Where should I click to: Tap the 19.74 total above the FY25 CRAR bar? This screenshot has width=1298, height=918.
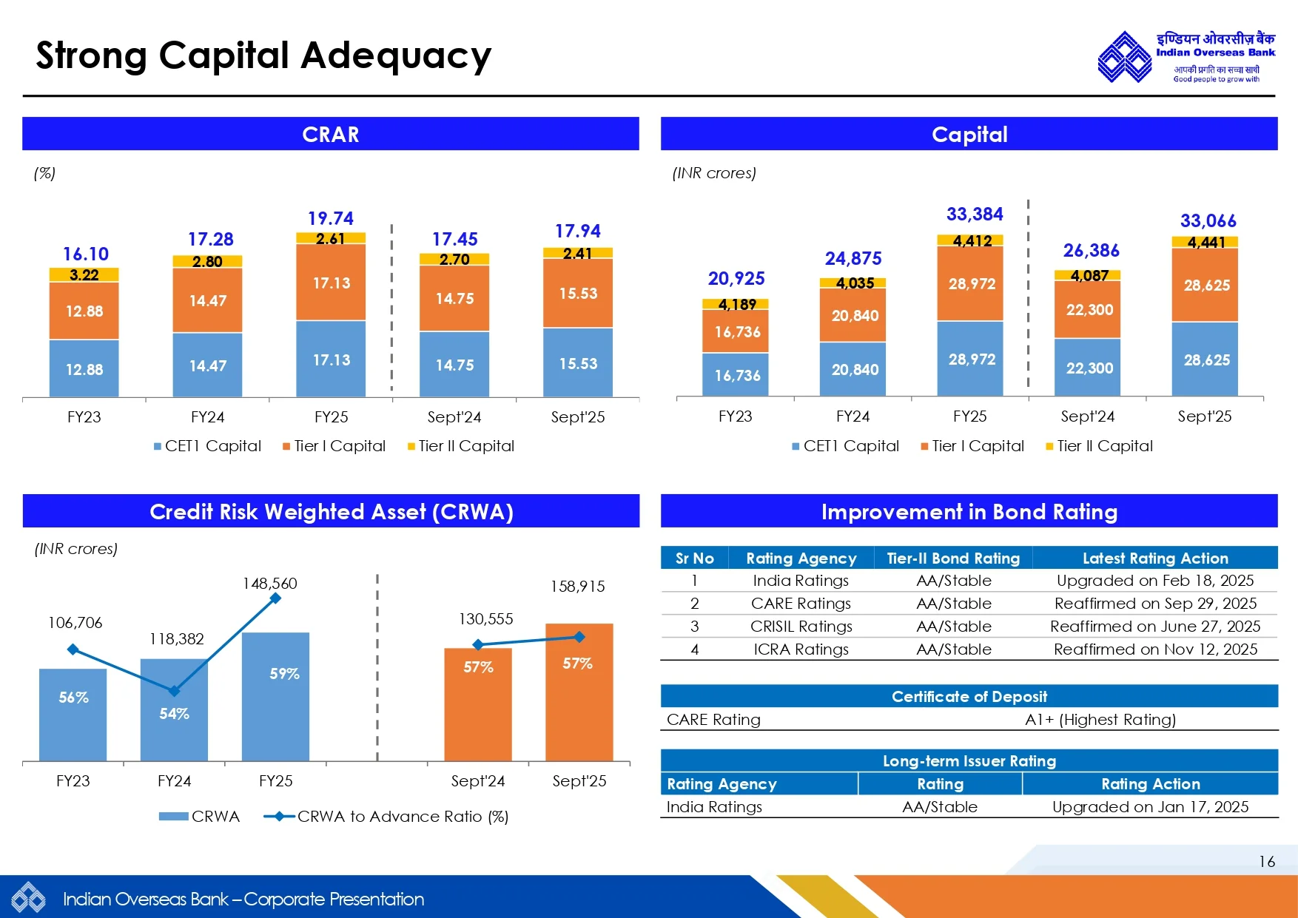click(x=331, y=218)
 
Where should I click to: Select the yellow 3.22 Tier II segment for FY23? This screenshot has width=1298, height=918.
click(x=84, y=275)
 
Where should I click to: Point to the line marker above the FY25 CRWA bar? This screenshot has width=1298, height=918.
click(x=275, y=598)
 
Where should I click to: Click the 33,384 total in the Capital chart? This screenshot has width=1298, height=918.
click(x=975, y=215)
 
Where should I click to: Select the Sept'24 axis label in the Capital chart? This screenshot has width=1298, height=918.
click(x=1087, y=416)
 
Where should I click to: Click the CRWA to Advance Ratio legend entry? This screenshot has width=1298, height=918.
click(x=386, y=817)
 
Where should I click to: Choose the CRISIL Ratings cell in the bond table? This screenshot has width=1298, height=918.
click(x=801, y=627)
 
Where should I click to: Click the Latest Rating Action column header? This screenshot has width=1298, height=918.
click(x=1154, y=558)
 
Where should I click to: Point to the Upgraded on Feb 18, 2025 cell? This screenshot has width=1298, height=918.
click(x=1154, y=581)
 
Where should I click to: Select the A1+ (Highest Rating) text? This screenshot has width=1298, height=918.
click(x=1100, y=720)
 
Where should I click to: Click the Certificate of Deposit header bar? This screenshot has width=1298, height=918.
click(x=969, y=697)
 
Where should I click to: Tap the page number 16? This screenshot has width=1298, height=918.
click(x=1266, y=862)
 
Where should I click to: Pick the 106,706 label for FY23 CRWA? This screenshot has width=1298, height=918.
click(x=75, y=623)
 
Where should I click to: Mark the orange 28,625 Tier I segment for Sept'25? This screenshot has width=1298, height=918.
click(x=1206, y=286)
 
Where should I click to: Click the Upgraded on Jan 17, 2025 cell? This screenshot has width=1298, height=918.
click(x=1150, y=807)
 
